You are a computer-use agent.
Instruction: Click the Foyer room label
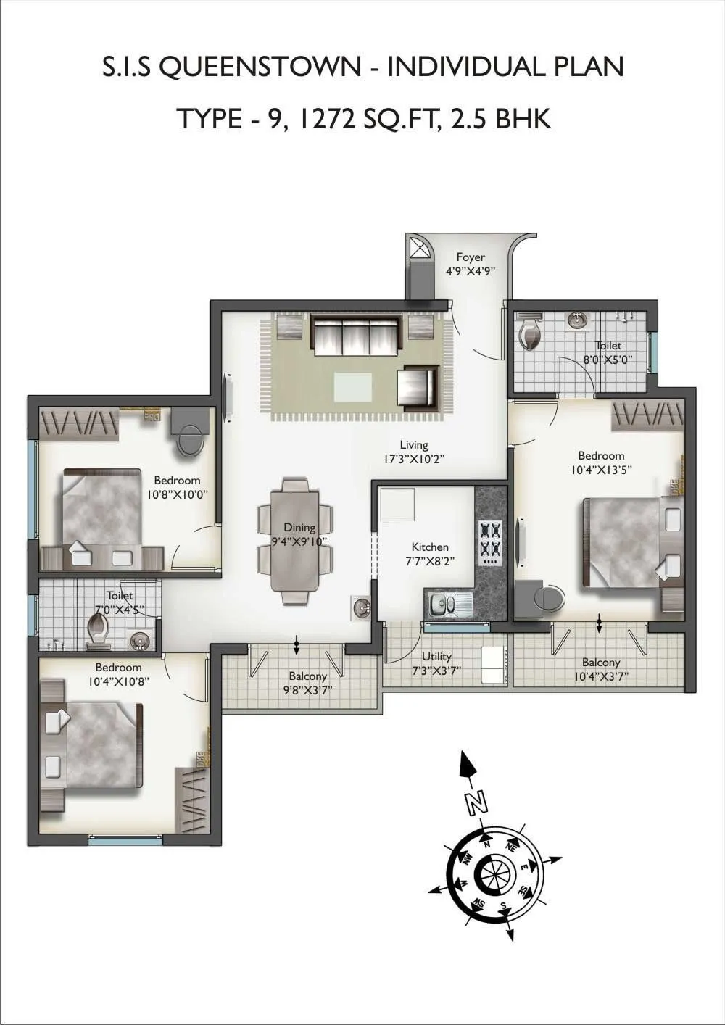point(471,257)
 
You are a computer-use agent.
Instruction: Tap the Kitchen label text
point(430,547)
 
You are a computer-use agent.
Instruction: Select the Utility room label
point(436,657)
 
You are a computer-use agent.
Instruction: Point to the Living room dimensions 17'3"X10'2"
point(414,459)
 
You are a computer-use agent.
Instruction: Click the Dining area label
point(299,528)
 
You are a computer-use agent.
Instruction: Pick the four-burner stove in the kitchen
point(489,543)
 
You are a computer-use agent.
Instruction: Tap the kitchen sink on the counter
point(447,601)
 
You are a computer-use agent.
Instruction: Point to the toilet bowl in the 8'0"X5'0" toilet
point(531,333)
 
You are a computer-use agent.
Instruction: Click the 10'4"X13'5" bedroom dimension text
point(601,469)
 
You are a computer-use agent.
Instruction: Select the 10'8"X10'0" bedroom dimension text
point(177,494)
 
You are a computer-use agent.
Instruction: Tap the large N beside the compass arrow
point(476,802)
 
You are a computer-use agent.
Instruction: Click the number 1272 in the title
point(326,118)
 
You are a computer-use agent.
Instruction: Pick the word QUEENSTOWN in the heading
point(259,67)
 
